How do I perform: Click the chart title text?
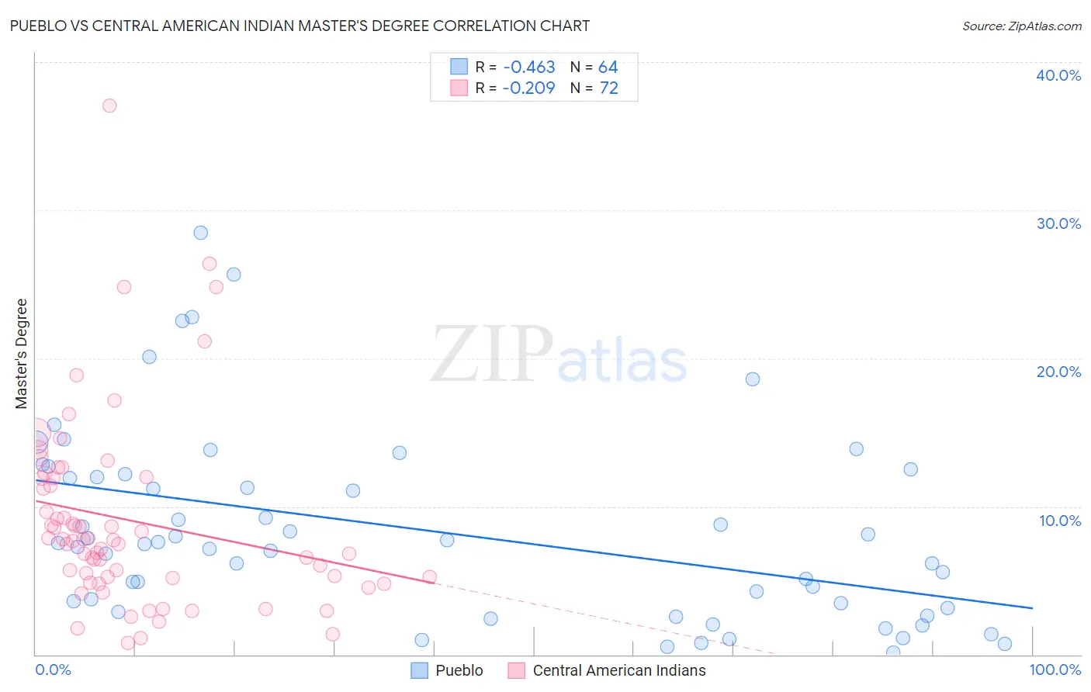pyautogui.click(x=300, y=26)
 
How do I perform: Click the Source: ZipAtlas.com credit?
pyautogui.click(x=1021, y=26)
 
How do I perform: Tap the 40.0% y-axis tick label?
pyautogui.click(x=1058, y=75)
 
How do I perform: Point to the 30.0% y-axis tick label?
pyautogui.click(x=1058, y=223)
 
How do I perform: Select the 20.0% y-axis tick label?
pyautogui.click(x=1058, y=372)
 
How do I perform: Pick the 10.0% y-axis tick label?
pyautogui.click(x=1060, y=521)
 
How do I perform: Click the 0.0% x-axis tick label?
pyautogui.click(x=53, y=670)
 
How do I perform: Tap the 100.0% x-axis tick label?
pyautogui.click(x=1055, y=670)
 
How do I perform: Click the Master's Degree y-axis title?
pyautogui.click(x=22, y=354)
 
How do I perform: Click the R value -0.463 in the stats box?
pyautogui.click(x=528, y=67)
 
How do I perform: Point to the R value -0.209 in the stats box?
pyautogui.click(x=528, y=88)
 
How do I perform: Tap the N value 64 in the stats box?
pyautogui.click(x=608, y=67)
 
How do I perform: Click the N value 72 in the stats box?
pyautogui.click(x=608, y=88)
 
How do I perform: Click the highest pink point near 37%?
pyautogui.click(x=109, y=106)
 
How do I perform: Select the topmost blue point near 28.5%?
pyautogui.click(x=200, y=233)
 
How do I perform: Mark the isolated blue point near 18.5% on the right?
pyautogui.click(x=752, y=379)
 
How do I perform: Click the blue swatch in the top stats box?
pyautogui.click(x=459, y=67)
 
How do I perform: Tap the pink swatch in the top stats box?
pyautogui.click(x=459, y=88)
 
